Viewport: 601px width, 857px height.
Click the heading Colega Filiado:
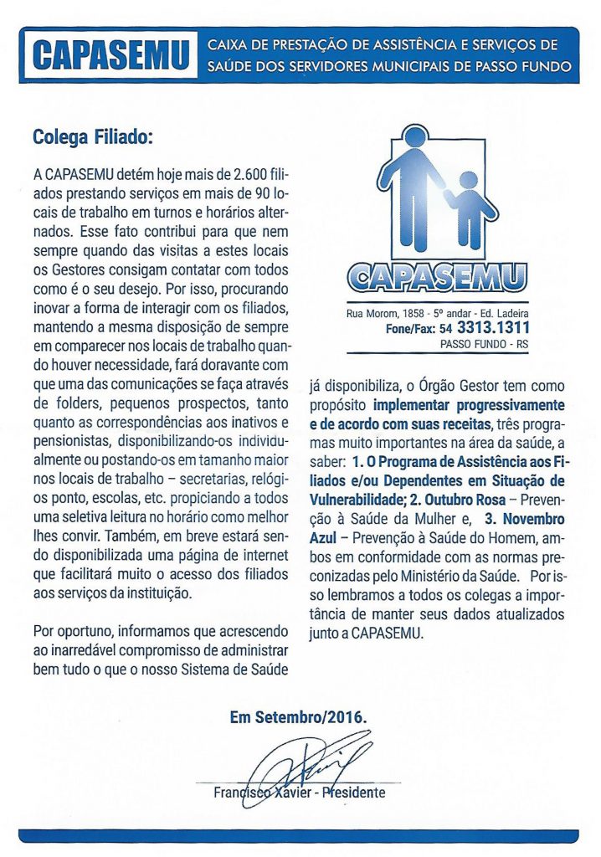pyautogui.click(x=93, y=136)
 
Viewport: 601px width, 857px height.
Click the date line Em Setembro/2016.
pyautogui.click(x=299, y=717)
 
